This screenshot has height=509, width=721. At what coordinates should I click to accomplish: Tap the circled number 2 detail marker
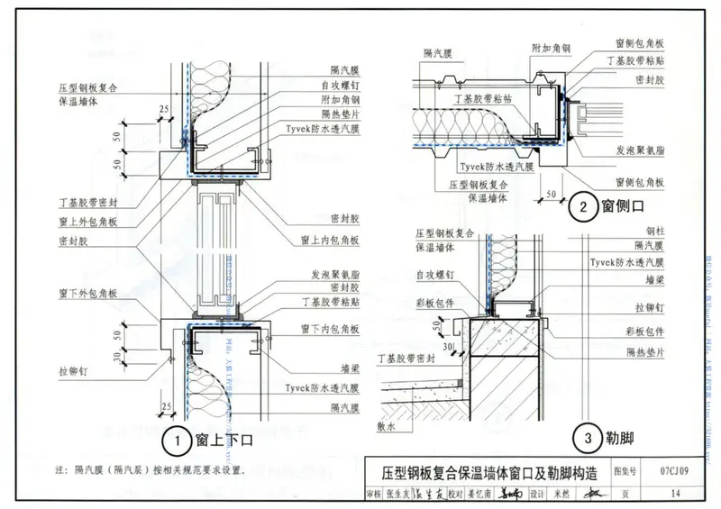pos(583,208)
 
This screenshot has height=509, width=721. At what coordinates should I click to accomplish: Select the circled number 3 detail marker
pos(588,440)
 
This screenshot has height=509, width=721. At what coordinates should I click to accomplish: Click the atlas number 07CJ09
pos(674,470)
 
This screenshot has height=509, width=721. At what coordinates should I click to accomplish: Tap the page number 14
pos(674,492)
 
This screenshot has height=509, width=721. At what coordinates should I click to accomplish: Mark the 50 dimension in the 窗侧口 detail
pos(550,193)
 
